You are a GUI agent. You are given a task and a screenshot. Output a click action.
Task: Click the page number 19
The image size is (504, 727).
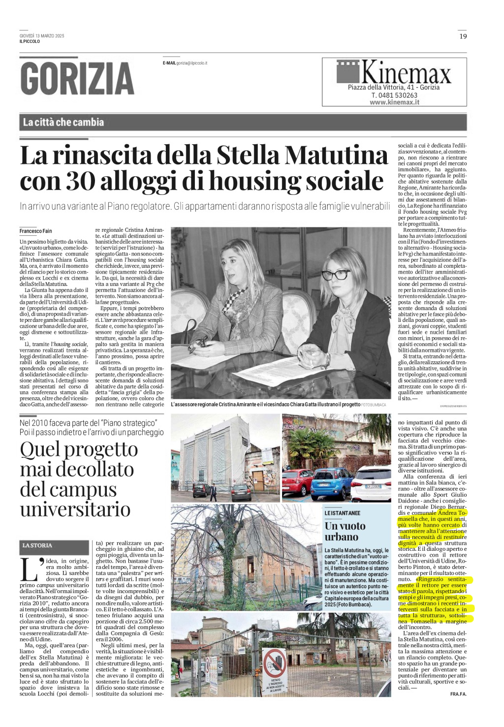pyautogui.click(x=463, y=36)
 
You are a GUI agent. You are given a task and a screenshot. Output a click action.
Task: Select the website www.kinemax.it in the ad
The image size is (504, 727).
pyautogui.click(x=394, y=102)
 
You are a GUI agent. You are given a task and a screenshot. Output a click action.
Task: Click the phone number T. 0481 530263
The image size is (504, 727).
pyautogui.click(x=394, y=95)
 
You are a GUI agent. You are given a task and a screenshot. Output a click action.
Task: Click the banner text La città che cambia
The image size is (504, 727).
pyautogui.click(x=63, y=122)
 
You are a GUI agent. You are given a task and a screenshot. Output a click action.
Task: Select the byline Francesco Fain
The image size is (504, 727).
pyautogui.click(x=36, y=231)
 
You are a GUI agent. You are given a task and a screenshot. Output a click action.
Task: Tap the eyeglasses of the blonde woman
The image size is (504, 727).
pyautogui.click(x=335, y=274)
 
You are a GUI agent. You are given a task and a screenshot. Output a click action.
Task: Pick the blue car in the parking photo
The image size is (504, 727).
pyautogui.click(x=332, y=482)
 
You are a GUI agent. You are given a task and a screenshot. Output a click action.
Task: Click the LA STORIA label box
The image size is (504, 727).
pyautogui.click(x=37, y=545)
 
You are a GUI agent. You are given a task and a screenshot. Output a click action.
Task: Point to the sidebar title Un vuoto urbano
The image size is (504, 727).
pyautogui.click(x=345, y=531)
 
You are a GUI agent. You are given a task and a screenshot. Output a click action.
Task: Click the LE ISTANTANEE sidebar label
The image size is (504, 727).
pyautogui.click(x=342, y=513)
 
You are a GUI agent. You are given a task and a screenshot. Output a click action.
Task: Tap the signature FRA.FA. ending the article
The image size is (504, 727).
pyautogui.click(x=458, y=694)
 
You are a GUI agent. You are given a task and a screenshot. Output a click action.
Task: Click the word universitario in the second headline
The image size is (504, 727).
pyautogui.click(x=75, y=509)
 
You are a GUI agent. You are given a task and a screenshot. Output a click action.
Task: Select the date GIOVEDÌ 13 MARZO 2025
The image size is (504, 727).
pyautogui.click(x=42, y=36)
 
